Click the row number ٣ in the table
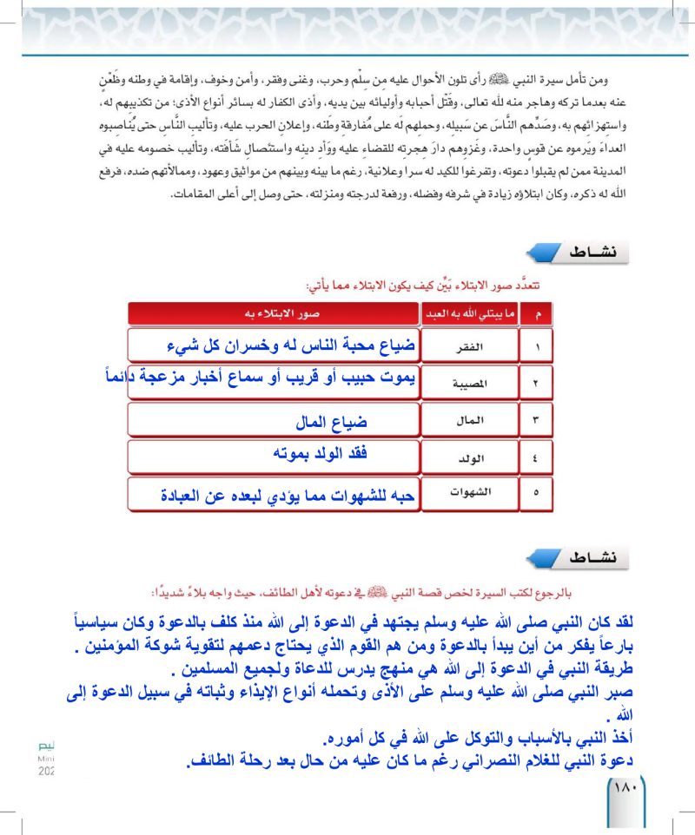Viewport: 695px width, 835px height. (x=536, y=420)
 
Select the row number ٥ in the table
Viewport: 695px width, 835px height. (x=536, y=493)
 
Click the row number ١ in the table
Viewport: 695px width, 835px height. (x=536, y=346)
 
